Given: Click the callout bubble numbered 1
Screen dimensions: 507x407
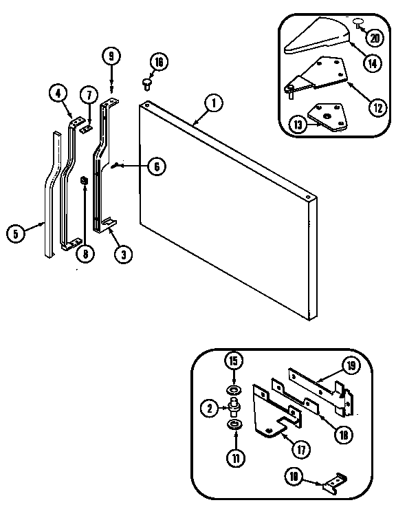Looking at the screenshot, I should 213,104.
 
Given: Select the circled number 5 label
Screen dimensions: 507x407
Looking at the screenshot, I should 16,233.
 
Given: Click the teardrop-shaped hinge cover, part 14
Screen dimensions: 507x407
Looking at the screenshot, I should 313,39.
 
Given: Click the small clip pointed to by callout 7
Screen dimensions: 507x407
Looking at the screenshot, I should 85,129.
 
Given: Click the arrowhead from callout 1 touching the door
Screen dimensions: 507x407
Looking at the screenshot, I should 195,125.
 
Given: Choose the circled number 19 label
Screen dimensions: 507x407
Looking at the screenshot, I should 350,366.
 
